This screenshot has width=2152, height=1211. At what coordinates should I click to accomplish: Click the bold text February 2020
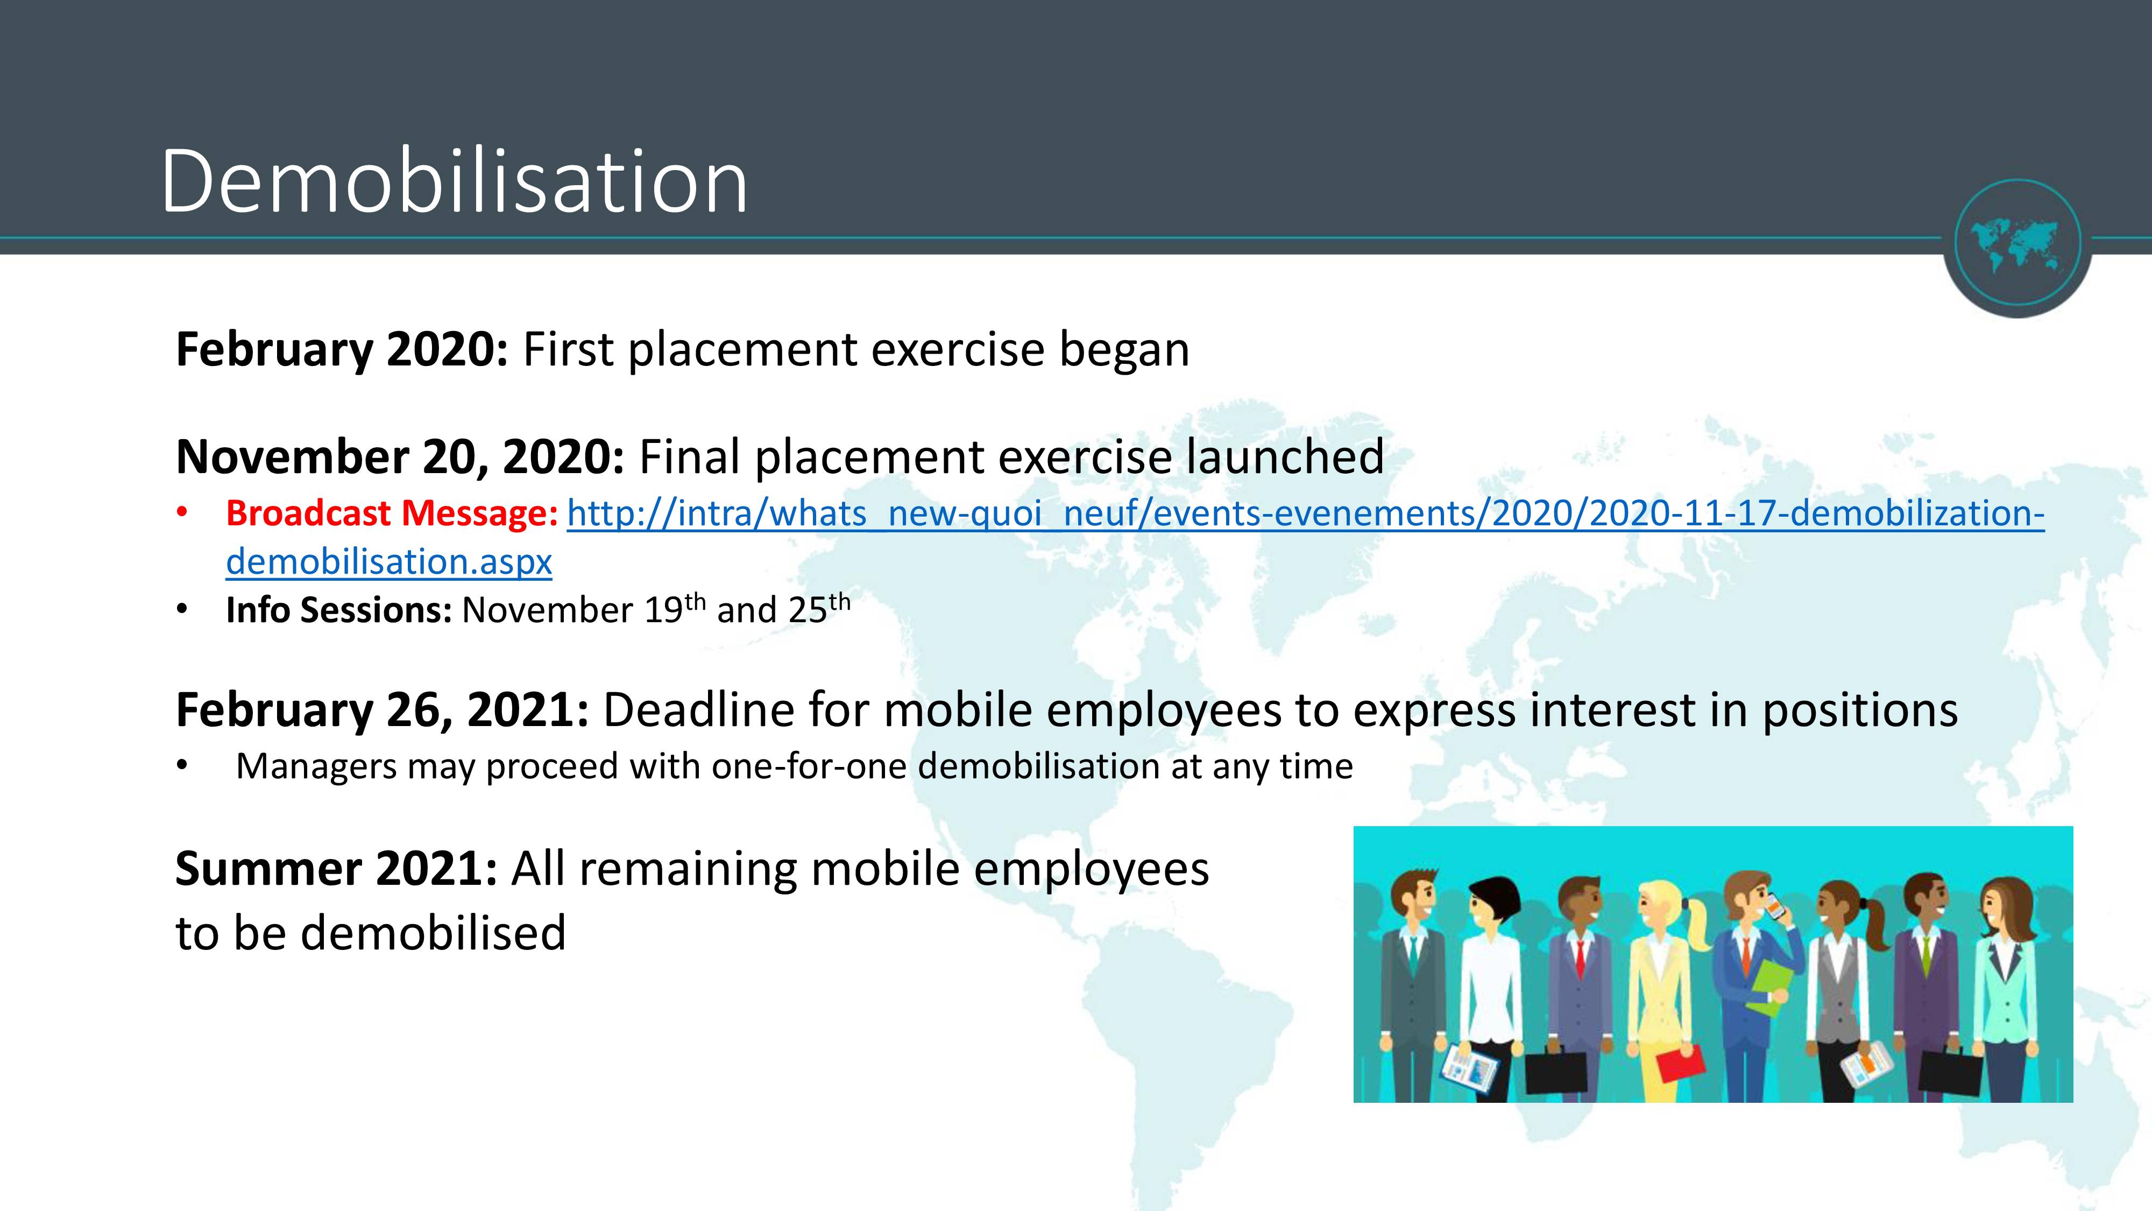click(342, 349)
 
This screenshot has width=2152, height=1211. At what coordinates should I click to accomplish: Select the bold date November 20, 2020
click(399, 457)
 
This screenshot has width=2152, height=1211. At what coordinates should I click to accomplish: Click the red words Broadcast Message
click(392, 513)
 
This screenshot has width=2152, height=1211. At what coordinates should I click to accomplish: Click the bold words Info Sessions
click(339, 610)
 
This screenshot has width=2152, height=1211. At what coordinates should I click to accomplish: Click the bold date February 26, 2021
click(382, 710)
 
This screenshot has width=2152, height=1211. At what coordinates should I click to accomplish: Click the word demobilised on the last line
click(433, 933)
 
